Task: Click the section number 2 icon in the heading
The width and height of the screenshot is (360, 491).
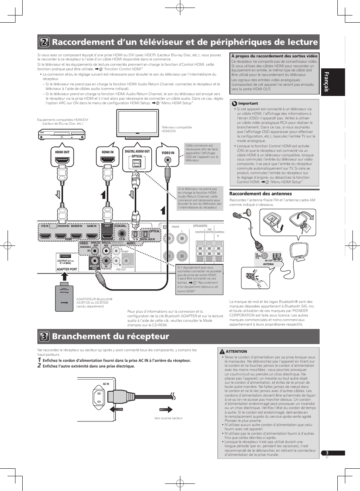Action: (x=44, y=42)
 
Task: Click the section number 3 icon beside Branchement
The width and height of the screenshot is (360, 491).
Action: (x=44, y=337)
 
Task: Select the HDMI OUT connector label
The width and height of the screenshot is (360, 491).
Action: (x=62, y=152)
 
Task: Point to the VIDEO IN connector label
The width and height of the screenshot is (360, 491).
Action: (x=168, y=153)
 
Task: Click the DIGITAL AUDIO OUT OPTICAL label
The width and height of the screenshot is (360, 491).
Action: (x=137, y=153)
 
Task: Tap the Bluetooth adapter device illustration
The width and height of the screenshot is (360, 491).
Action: (x=64, y=298)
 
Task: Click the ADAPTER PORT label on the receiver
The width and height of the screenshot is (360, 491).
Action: (x=67, y=269)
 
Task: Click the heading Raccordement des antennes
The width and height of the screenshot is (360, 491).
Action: (x=260, y=194)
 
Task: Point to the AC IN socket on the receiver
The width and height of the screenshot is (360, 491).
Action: (x=99, y=397)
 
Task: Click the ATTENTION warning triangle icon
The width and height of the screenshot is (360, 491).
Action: (x=222, y=352)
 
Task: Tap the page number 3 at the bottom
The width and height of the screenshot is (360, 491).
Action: (x=328, y=453)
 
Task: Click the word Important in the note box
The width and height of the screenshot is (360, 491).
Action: (x=248, y=103)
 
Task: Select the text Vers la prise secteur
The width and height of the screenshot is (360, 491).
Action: (x=168, y=418)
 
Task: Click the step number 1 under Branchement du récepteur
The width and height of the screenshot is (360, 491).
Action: (x=39, y=360)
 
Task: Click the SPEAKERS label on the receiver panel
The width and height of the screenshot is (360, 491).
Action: (x=200, y=226)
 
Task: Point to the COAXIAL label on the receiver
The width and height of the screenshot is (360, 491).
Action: (x=120, y=226)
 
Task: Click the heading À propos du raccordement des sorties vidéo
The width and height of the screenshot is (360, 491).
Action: (x=274, y=56)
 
